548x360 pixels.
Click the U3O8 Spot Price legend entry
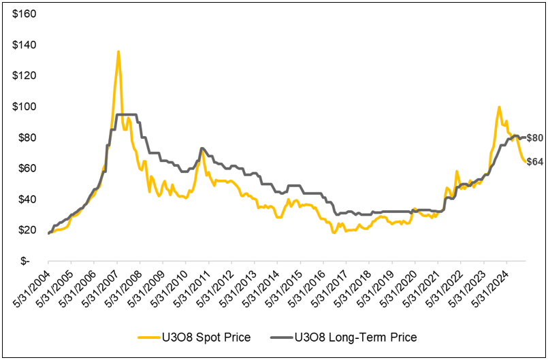tap(193, 337)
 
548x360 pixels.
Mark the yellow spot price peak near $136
tap(118, 52)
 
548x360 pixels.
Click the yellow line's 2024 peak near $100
tap(499, 107)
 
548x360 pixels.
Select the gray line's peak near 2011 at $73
tap(202, 148)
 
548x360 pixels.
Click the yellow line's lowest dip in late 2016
tap(334, 233)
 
